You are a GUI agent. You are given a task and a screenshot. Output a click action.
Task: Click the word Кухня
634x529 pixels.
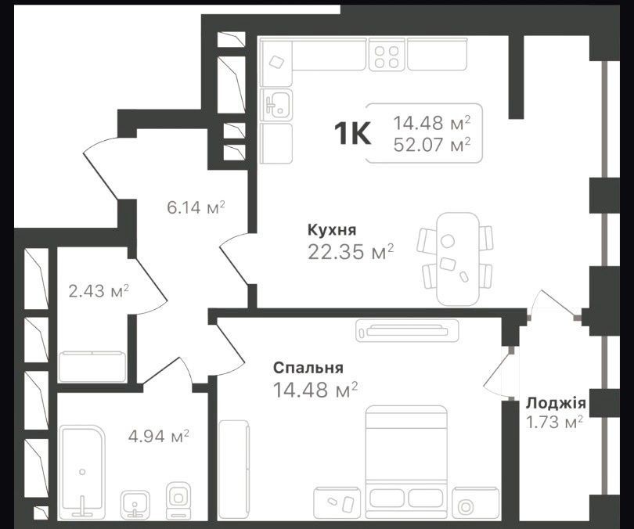(332, 230)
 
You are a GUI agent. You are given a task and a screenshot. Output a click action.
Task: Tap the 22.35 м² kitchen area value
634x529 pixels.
(351, 252)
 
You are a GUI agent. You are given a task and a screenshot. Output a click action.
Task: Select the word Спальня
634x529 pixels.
(308, 368)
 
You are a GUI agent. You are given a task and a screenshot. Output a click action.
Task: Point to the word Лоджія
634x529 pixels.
(556, 403)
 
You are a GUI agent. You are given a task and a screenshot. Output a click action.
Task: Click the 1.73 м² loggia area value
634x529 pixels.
(554, 422)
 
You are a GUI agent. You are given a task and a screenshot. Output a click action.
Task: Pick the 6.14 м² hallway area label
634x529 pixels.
(196, 207)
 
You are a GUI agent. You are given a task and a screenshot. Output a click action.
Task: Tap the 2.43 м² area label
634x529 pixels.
(99, 290)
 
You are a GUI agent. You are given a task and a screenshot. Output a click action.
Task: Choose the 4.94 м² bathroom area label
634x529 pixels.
(158, 436)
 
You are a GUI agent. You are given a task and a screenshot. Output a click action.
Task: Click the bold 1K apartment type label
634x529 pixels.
(352, 134)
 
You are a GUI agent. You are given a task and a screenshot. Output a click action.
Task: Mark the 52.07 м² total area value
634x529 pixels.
(432, 144)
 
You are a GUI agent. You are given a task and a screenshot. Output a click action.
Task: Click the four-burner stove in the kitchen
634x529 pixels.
(386, 56)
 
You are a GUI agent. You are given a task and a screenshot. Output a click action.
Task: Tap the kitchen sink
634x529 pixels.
(276, 104)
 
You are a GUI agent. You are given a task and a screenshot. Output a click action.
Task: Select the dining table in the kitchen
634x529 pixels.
(458, 259)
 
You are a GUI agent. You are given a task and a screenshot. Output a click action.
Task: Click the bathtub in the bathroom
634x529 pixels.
(83, 471)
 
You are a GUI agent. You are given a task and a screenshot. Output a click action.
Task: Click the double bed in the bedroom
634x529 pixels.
(406, 462)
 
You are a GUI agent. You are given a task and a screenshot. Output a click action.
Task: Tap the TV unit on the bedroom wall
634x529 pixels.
(407, 331)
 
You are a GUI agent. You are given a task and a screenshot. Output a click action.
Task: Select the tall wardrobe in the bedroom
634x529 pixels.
(234, 469)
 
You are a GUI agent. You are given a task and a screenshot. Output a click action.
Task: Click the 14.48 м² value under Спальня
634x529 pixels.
(315, 390)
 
